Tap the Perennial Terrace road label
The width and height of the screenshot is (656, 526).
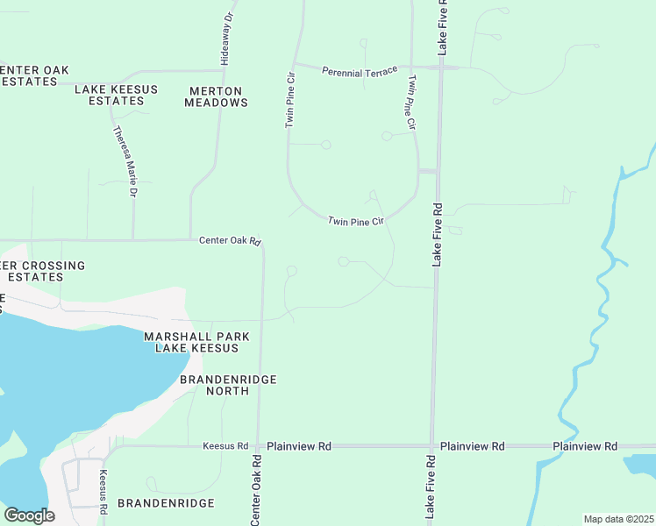[359, 70]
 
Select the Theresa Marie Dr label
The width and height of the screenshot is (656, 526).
[125, 161]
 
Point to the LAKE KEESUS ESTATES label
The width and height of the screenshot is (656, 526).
[110, 96]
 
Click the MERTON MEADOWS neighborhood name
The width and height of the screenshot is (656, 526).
[216, 96]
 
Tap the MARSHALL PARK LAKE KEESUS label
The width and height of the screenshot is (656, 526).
[196, 343]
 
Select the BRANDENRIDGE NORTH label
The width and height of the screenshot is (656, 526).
[228, 385]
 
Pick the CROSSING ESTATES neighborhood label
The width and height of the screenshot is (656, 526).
[43, 271]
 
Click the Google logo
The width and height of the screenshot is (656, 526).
[29, 515]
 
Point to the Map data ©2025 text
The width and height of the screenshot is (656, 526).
[617, 519]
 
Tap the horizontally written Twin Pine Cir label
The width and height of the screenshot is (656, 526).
[356, 222]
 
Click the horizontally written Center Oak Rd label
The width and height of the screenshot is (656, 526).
[230, 240]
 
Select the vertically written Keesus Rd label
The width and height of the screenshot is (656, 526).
[103, 492]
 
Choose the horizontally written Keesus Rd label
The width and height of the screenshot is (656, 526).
[225, 446]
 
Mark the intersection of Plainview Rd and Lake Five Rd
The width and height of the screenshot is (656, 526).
[431, 446]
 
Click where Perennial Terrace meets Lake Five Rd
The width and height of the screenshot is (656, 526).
[441, 67]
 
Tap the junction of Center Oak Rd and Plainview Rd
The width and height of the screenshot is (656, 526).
[258, 446]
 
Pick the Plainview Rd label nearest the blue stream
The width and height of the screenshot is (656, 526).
[585, 446]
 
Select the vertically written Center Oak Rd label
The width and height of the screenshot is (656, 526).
[256, 490]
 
